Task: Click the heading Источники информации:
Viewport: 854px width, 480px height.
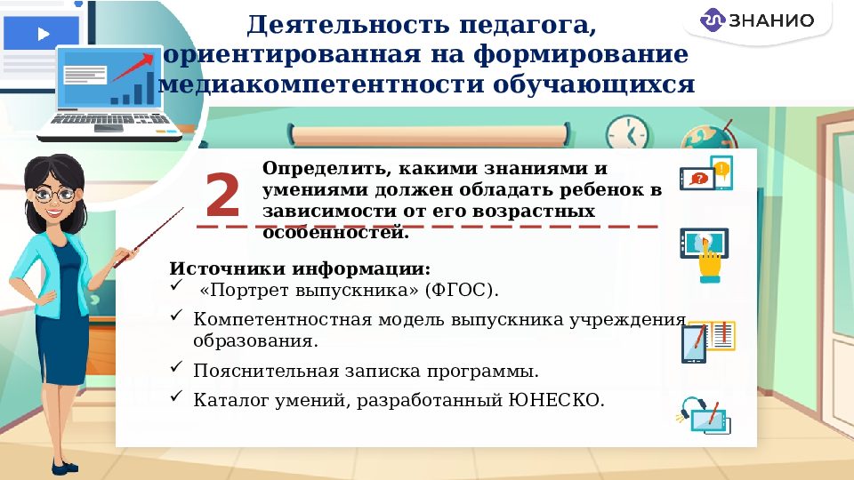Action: [300, 268]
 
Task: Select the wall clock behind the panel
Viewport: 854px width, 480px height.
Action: [627, 133]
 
